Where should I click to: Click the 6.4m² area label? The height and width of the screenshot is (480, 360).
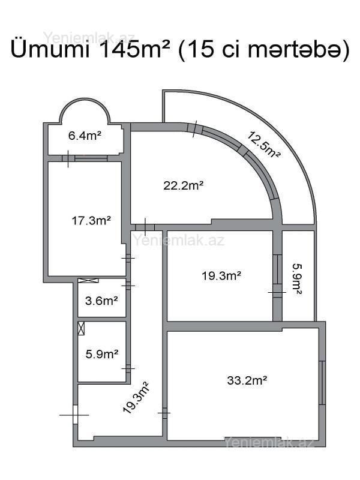click(85, 136)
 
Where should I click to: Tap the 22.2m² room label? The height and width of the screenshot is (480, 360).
click(184, 185)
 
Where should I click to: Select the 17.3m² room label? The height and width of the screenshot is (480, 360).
click(91, 220)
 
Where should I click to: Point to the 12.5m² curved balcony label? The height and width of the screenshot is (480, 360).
click(263, 145)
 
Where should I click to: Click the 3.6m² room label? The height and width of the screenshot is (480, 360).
click(101, 301)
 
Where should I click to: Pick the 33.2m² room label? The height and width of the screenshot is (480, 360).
click(247, 380)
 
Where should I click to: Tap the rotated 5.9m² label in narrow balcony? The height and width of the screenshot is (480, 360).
click(296, 279)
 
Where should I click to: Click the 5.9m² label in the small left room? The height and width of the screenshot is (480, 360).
click(102, 354)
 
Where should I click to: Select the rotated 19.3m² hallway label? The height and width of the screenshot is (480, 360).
click(136, 397)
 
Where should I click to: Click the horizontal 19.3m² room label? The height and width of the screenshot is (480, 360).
click(221, 276)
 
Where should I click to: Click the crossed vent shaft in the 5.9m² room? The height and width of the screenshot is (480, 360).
click(81, 328)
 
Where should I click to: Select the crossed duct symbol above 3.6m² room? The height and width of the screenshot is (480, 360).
click(88, 280)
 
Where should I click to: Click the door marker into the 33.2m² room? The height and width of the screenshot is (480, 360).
click(164, 413)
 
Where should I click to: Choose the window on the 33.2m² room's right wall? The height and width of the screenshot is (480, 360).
click(322, 383)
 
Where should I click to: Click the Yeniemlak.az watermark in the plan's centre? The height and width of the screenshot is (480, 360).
click(179, 241)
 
